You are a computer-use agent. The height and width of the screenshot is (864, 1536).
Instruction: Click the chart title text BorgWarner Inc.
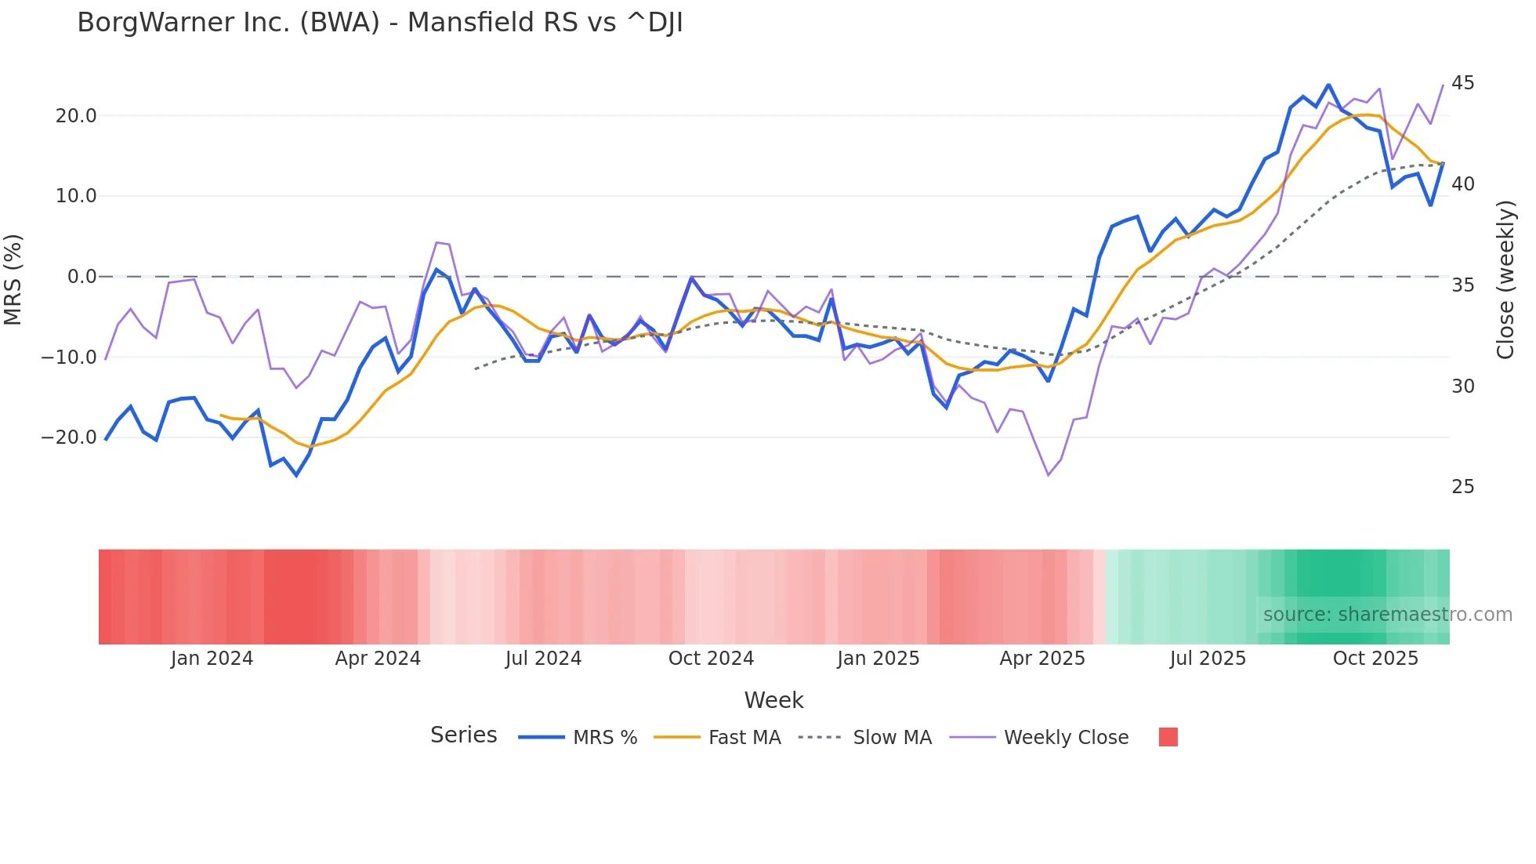[379, 23]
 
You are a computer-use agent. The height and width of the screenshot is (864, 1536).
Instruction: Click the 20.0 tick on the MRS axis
[75, 116]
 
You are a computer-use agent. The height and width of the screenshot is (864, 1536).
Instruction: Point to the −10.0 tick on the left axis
[69, 358]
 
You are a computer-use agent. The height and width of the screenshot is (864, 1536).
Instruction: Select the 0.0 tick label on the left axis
[82, 277]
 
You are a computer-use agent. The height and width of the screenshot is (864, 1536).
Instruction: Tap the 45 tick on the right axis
[1462, 83]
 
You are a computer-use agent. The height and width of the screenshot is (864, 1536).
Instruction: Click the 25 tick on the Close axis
[1462, 487]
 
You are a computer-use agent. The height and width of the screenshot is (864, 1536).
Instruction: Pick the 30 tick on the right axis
[1462, 387]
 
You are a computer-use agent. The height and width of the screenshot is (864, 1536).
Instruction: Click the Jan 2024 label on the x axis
[212, 659]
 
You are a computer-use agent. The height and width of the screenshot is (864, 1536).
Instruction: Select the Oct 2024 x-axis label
[711, 659]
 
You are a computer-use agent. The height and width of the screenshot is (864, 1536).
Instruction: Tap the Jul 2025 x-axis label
[1208, 659]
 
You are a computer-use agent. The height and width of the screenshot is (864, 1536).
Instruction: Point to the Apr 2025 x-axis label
[1042, 659]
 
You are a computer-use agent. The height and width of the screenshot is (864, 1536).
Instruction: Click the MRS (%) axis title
[13, 279]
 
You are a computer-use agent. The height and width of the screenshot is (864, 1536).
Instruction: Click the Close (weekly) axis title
[1505, 279]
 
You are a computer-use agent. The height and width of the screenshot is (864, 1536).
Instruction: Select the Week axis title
[773, 700]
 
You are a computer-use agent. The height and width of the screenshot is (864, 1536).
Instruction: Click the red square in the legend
[1168, 737]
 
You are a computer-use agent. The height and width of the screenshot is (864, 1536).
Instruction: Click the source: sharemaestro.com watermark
[1387, 615]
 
